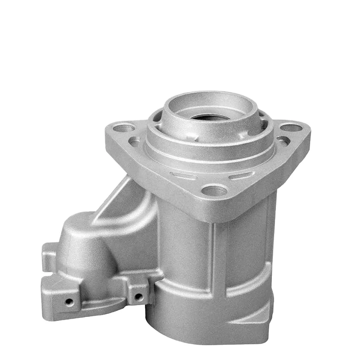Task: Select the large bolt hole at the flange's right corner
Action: [292, 128]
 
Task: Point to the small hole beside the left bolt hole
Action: [135, 142]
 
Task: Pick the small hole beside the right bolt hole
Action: [283, 141]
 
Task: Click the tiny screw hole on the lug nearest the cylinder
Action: [139, 297]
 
